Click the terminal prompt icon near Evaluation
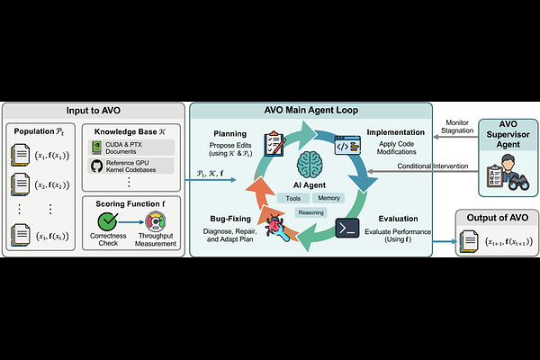347,228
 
